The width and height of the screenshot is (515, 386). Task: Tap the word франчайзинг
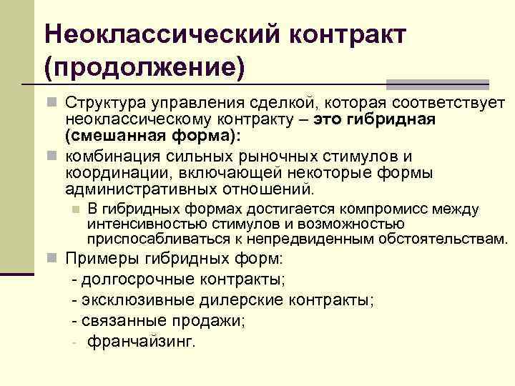tap(140, 342)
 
